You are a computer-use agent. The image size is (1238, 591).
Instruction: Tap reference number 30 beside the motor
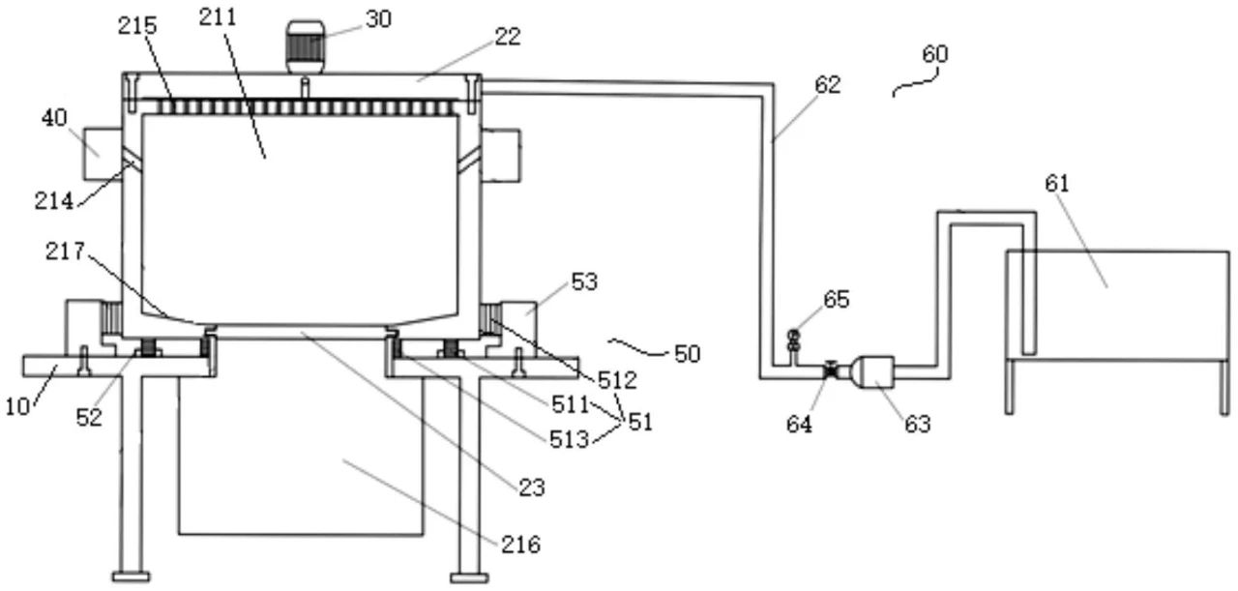point(378,18)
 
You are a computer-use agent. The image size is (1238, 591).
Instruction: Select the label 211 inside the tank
point(219,15)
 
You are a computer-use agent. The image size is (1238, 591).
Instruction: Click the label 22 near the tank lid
point(508,37)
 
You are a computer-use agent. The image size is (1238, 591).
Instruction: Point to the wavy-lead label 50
point(687,354)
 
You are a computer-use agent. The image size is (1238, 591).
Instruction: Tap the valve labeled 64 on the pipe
point(830,370)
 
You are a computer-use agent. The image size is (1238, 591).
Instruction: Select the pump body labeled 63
point(870,372)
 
